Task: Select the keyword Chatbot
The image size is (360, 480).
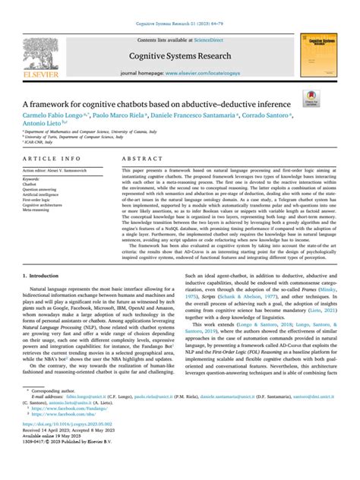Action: (x=30, y=184)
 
